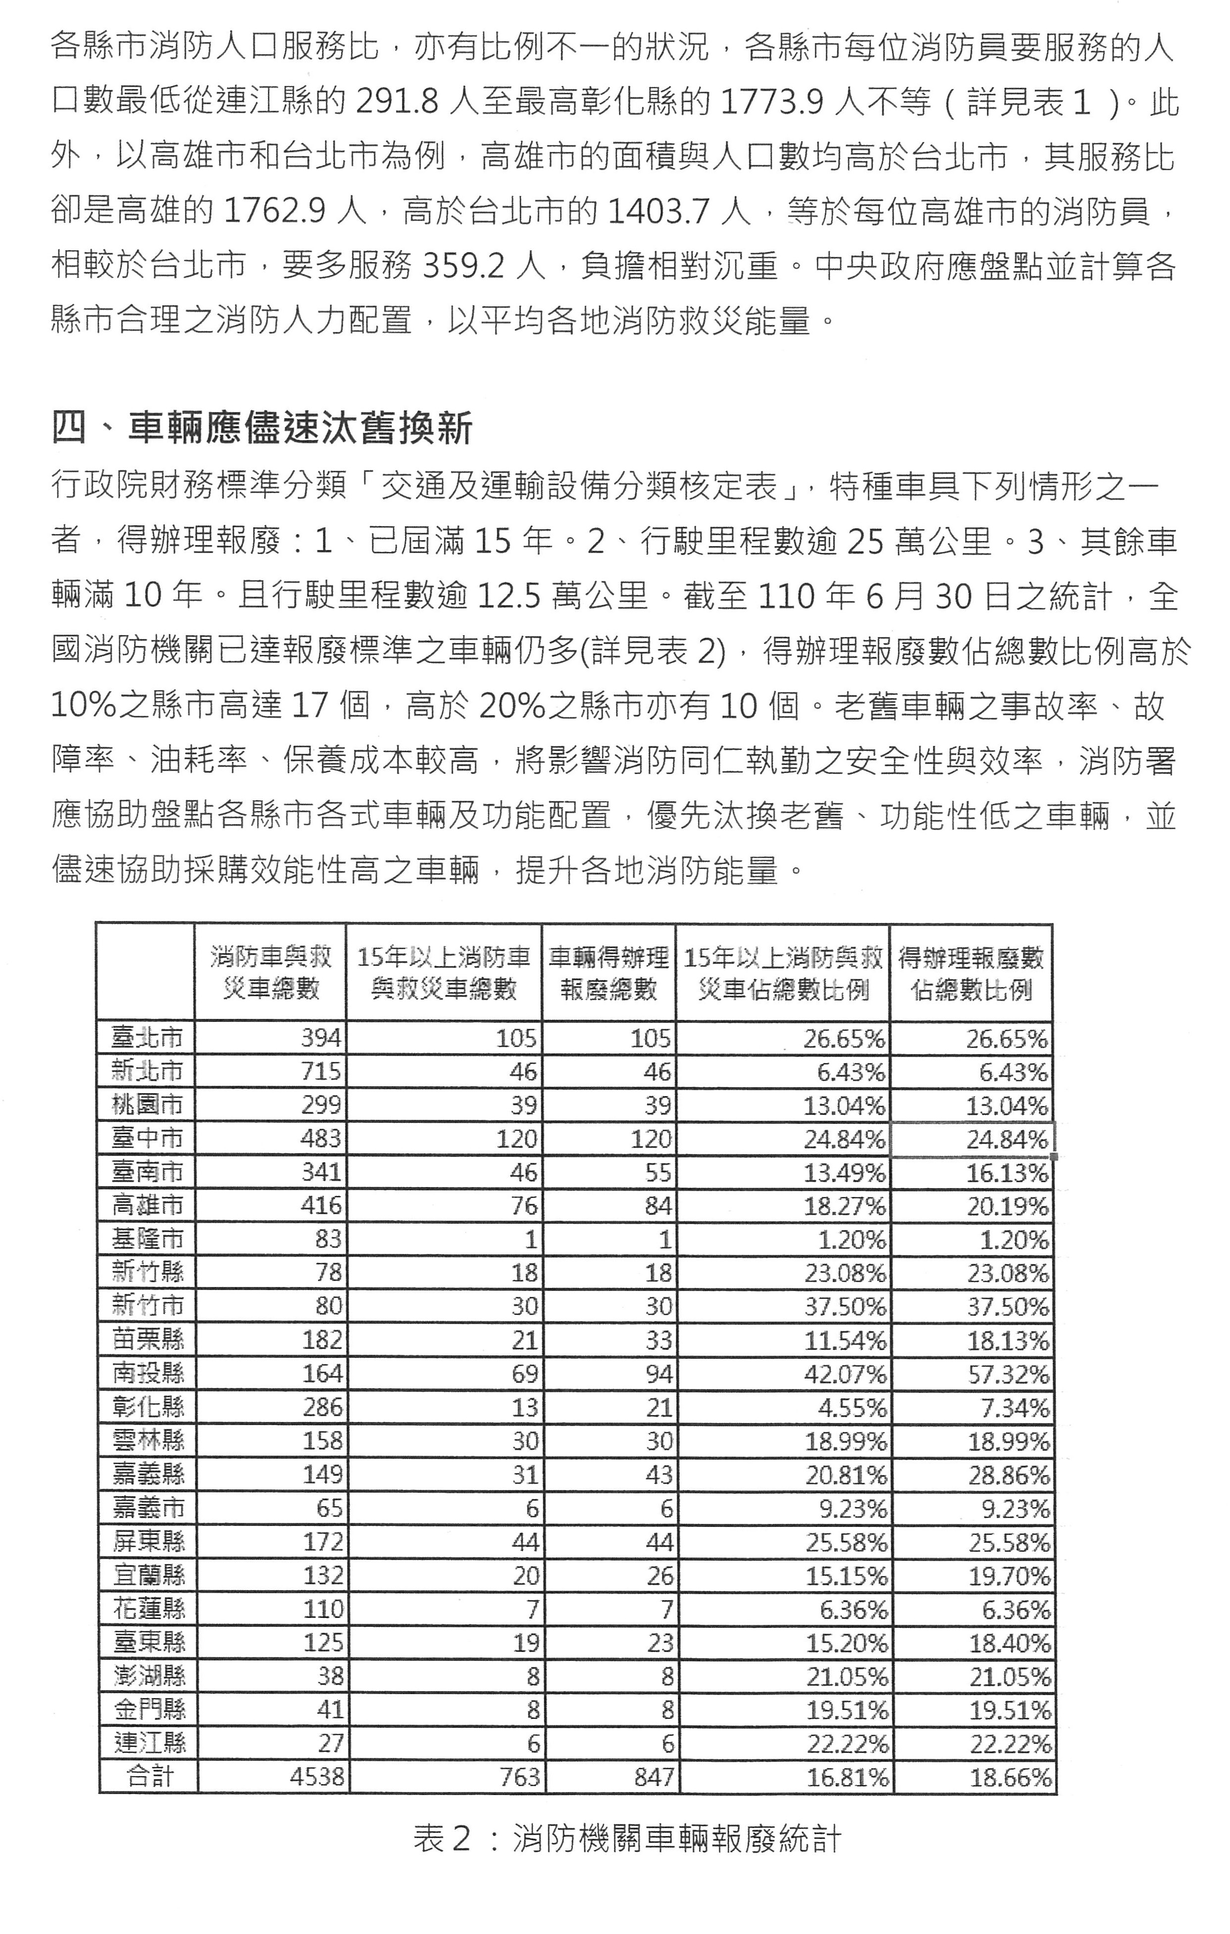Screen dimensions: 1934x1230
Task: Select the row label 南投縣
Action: coord(148,1374)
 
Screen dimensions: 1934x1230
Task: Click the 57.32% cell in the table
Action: coord(1009,1374)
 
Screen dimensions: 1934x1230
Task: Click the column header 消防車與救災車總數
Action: coord(270,972)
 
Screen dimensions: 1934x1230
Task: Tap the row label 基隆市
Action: coord(148,1239)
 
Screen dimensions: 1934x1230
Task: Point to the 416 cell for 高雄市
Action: coord(321,1205)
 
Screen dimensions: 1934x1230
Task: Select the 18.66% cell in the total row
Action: coord(1010,1777)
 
